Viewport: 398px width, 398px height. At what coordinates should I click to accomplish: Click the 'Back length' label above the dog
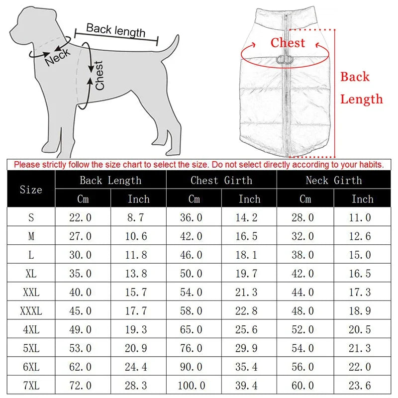tap(115, 30)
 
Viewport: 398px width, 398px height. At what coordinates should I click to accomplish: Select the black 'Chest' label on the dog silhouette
tap(99, 75)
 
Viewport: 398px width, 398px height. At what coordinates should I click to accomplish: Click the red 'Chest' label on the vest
tap(288, 43)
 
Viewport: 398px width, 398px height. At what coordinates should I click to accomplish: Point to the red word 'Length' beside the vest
tap(362, 99)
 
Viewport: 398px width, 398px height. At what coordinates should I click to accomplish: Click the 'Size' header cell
tap(31, 190)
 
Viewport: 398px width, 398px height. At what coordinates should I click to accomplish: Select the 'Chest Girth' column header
tap(221, 181)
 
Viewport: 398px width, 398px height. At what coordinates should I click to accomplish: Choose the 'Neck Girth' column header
tap(333, 181)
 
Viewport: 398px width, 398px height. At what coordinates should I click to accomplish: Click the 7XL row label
tap(31, 386)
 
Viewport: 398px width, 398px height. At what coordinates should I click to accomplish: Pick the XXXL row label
tap(31, 311)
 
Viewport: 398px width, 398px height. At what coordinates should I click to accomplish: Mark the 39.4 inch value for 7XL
tap(249, 386)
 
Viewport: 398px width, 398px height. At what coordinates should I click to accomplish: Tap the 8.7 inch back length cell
tap(138, 217)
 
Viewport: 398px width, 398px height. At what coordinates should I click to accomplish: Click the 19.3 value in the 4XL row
tap(138, 330)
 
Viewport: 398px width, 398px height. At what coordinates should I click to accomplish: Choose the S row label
tap(31, 217)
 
